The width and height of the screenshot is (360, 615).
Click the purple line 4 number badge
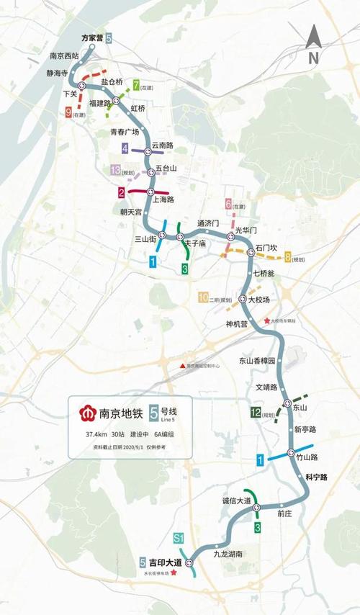click(126, 149)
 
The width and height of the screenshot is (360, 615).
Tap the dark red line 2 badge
click(122, 192)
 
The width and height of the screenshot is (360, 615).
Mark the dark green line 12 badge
click(255, 413)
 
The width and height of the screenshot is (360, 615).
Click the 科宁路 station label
click(317, 477)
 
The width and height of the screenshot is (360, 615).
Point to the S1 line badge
click(179, 538)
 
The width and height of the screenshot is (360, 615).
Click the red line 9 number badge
click(68, 112)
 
